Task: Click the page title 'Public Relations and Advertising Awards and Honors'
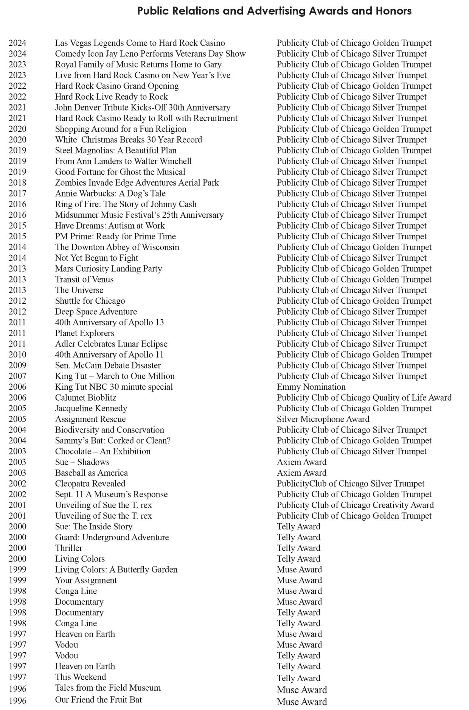[x=274, y=11]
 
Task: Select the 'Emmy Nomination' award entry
[x=311, y=387]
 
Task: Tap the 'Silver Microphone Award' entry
[x=323, y=419]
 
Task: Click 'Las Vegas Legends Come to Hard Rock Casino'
[x=140, y=43]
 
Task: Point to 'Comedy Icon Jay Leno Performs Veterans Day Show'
[x=150, y=54]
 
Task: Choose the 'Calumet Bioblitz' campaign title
[x=85, y=398]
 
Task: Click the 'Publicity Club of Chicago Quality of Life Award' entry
[x=364, y=398]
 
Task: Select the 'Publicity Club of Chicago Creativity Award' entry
[x=355, y=505]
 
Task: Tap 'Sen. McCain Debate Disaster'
[x=108, y=365]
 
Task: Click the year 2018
[x=17, y=183]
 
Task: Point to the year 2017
[x=17, y=193]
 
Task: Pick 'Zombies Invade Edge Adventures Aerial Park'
[x=137, y=183]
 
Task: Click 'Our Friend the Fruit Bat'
[x=98, y=699]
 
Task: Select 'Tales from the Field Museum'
[x=108, y=688]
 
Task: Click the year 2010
[x=17, y=355]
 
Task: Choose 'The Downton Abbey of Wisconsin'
[x=117, y=247]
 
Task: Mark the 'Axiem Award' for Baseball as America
[x=301, y=473]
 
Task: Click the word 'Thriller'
[x=68, y=548]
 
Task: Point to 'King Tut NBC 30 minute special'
[x=114, y=387]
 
